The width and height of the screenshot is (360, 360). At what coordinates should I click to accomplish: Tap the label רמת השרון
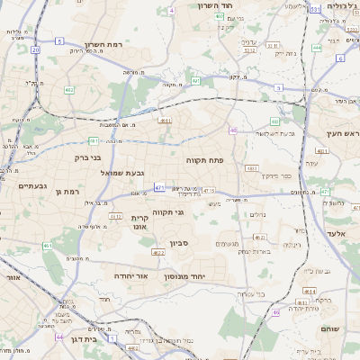click(x=103, y=45)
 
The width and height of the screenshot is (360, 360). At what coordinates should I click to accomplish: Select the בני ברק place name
click(x=84, y=157)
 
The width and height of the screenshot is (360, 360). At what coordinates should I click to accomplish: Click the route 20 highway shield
click(x=35, y=49)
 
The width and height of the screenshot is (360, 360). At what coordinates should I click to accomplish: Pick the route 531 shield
click(x=315, y=8)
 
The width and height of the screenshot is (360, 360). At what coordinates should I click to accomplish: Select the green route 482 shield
click(x=69, y=90)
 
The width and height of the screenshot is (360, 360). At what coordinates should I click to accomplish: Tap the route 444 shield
click(x=316, y=48)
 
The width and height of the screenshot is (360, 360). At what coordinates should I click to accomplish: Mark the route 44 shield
click(x=58, y=337)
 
